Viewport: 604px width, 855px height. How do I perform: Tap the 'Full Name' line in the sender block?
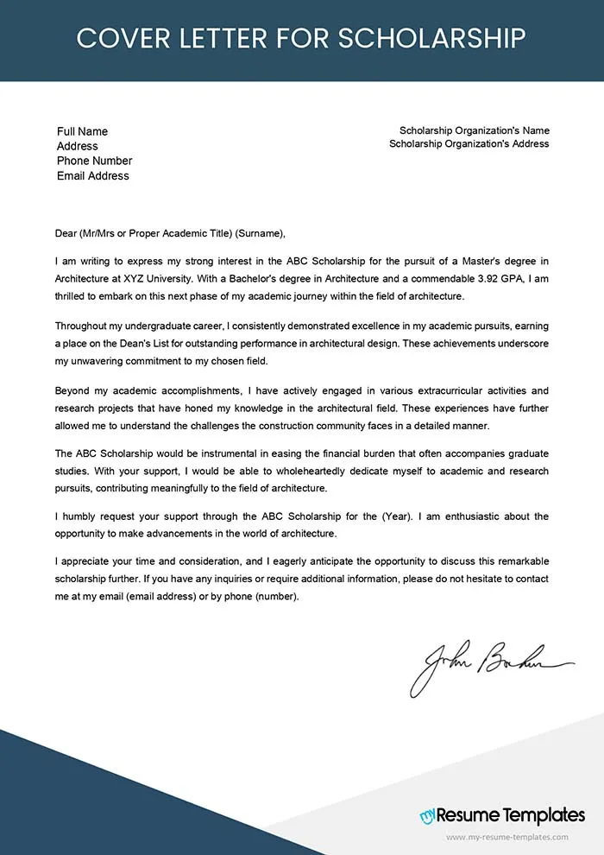82,131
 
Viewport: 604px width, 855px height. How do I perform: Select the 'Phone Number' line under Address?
94,161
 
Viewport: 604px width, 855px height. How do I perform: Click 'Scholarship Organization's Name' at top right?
474,130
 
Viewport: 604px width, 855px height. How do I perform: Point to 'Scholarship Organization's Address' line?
469,143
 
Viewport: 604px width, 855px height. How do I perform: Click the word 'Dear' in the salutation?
66,233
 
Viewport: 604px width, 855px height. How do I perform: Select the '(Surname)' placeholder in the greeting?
260,233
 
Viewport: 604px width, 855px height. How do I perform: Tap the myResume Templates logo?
502,814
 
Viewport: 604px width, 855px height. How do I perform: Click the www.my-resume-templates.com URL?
506,837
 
